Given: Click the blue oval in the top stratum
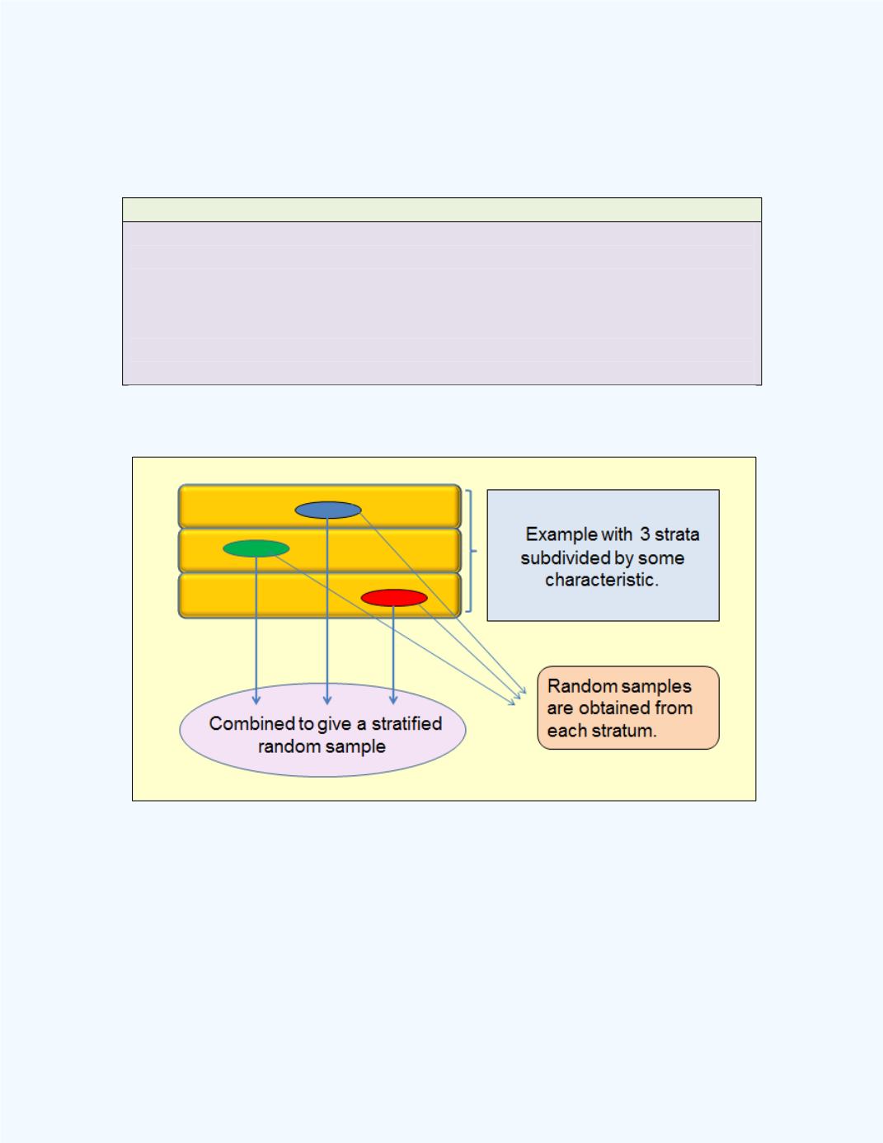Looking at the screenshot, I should pos(328,510).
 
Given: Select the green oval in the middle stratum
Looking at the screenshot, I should pos(256,548).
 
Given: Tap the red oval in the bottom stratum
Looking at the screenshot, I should pos(394,598).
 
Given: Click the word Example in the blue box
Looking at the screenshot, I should pos(561,534).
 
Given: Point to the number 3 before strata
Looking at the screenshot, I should pos(644,534).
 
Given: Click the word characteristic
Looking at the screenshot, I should pos(601,580).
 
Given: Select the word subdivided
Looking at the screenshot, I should pos(565,557).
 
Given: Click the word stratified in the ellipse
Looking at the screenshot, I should pos(406,724).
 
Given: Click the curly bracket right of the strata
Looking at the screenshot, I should pos(471,552).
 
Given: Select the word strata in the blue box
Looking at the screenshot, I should pos(677,534).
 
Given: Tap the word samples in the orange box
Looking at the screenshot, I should pos(656,686).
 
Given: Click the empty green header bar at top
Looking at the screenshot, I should pos(441,209).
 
